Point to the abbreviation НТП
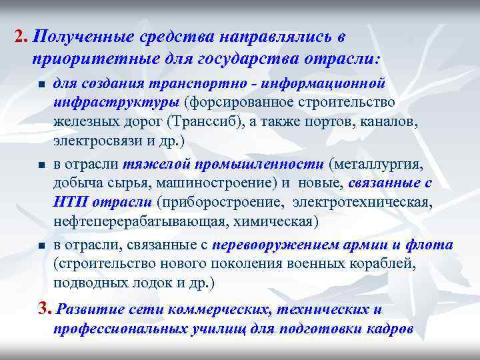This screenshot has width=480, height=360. [69, 202]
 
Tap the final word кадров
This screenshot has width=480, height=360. [387, 329]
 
